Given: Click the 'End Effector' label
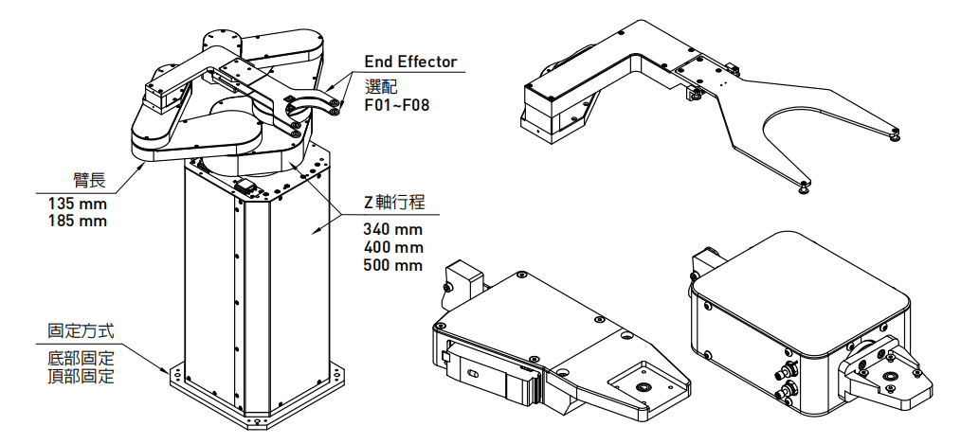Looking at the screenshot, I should (410, 62).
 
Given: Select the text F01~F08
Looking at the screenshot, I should (396, 104).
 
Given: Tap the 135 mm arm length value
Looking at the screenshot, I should (78, 204).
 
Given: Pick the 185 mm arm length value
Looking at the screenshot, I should (78, 222).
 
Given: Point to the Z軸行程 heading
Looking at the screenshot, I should (393, 203).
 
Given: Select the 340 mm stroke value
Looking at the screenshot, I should (392, 229).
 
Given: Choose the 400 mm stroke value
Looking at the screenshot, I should (392, 247).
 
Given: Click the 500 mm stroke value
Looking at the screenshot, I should (392, 265).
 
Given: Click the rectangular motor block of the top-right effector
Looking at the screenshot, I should (554, 109).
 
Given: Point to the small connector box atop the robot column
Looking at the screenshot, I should (248, 186).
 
